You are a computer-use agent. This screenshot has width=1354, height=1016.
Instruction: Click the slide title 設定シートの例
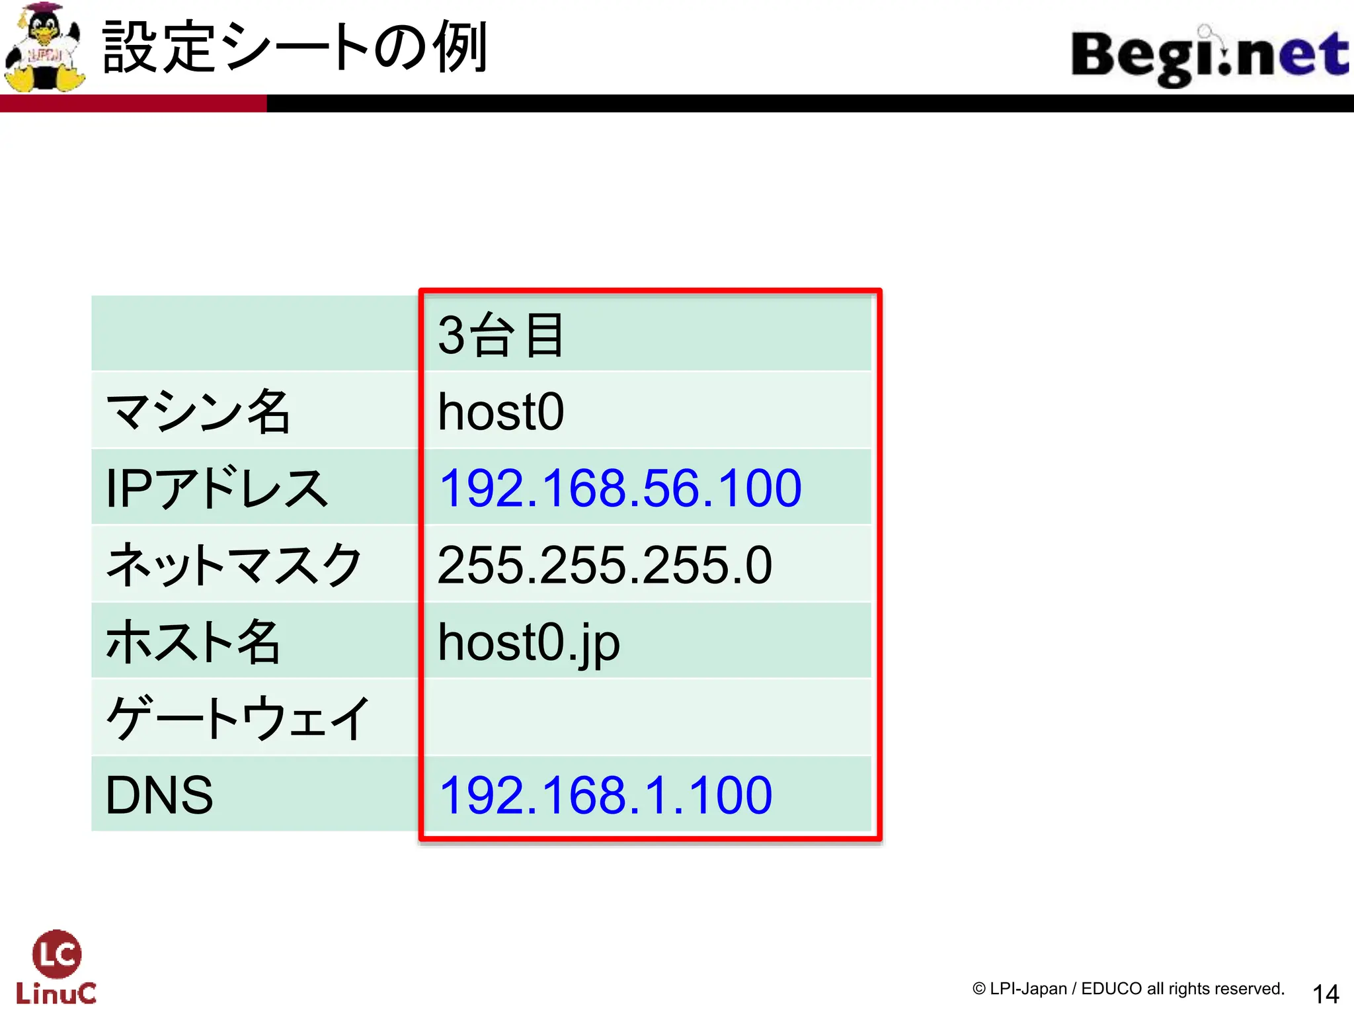(x=295, y=48)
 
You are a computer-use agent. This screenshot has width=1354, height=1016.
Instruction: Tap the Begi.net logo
(x=1209, y=56)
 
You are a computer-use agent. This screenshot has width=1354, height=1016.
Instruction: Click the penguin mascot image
(x=44, y=48)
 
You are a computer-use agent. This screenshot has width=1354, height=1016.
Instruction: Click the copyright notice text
(x=1128, y=989)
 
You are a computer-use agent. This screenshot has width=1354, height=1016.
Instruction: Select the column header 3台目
(x=500, y=335)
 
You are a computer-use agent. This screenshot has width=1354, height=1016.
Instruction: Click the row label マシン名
(x=198, y=411)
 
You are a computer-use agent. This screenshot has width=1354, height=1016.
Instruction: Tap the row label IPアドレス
(x=216, y=488)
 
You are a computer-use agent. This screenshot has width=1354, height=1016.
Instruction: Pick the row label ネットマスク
(x=233, y=565)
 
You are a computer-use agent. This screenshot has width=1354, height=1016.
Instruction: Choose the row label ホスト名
(x=193, y=642)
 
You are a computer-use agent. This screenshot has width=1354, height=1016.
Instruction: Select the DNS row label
(x=159, y=795)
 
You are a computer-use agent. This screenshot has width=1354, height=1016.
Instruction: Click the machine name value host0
(x=500, y=411)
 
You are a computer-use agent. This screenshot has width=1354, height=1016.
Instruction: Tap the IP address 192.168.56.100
(x=620, y=488)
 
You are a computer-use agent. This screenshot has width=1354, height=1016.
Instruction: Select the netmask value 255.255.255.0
(x=604, y=565)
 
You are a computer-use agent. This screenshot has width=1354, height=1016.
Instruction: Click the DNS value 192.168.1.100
(x=605, y=795)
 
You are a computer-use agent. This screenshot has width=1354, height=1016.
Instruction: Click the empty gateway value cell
(x=648, y=718)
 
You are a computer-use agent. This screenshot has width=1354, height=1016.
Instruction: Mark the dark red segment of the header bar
(x=132, y=104)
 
